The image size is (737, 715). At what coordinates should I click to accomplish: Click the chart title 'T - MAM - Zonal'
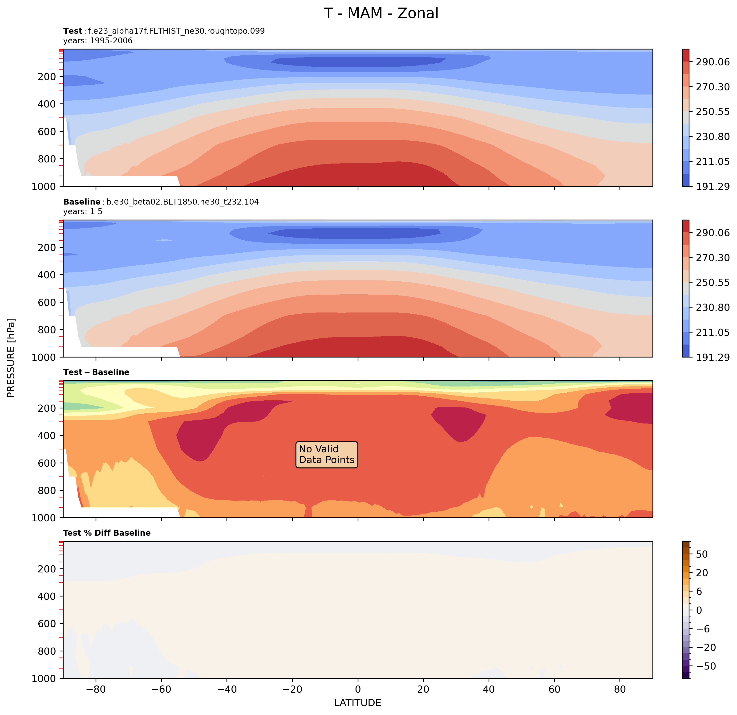381,13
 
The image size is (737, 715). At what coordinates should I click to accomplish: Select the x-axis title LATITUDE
358,703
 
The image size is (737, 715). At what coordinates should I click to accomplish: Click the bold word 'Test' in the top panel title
73,31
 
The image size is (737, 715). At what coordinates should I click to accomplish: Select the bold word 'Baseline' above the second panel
82,202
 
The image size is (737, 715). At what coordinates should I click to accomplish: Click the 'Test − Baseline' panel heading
96,372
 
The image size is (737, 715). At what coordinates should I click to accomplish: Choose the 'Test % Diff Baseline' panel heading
107,533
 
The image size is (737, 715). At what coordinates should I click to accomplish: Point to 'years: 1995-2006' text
98,41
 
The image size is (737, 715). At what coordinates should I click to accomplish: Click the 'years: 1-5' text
83,211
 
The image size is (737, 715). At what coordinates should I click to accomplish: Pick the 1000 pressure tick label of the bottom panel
44,678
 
